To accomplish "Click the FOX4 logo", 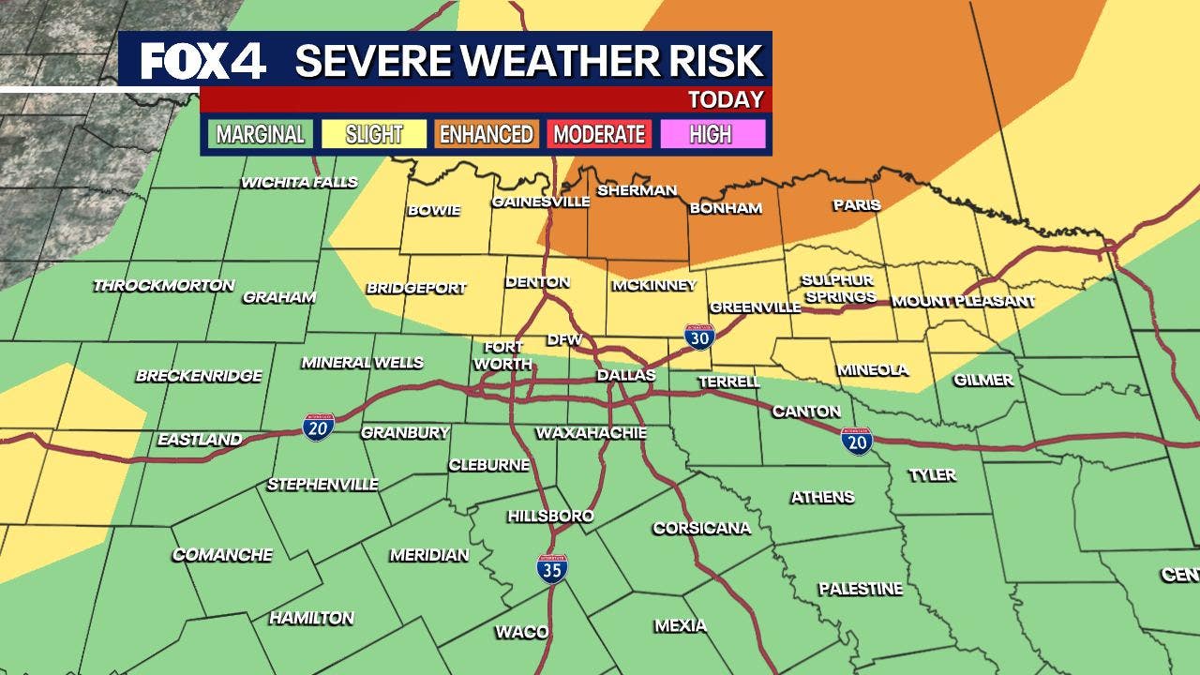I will [x=203, y=62].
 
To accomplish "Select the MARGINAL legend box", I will [x=260, y=134].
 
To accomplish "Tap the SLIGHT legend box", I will [x=373, y=134].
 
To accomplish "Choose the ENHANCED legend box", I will [x=487, y=134].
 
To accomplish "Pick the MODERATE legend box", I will [x=599, y=134].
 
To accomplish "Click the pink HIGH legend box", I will [x=712, y=134].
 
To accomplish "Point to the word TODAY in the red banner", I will [x=726, y=99].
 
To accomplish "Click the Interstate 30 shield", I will [x=698, y=337].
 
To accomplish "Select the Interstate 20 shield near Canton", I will [x=856, y=441].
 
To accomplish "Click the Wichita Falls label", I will [x=299, y=182].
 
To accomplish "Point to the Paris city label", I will [x=857, y=204].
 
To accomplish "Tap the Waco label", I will [x=521, y=632].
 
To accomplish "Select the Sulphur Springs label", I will [x=837, y=289].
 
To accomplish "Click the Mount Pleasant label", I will [x=963, y=301].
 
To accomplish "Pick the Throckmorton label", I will [x=163, y=285].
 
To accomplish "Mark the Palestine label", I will [x=860, y=589].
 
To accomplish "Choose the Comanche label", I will [x=222, y=555].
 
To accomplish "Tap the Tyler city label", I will [x=932, y=475].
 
